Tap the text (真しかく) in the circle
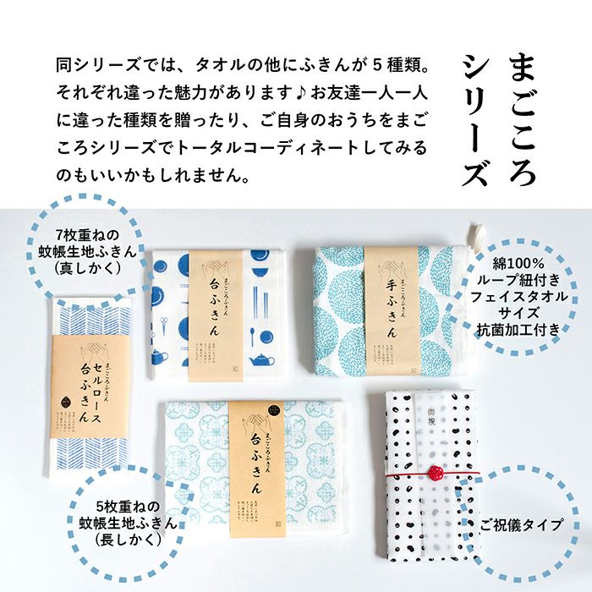pyautogui.click(x=89, y=268)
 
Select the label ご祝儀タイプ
pyautogui.click(x=522, y=524)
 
